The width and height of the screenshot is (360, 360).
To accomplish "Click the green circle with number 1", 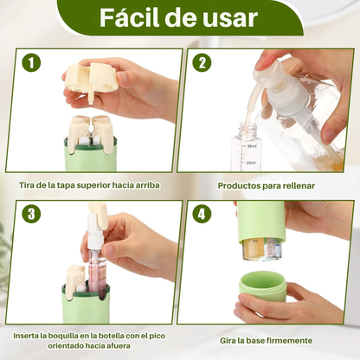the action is (31, 63).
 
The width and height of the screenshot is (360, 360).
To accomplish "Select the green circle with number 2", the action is (202, 62).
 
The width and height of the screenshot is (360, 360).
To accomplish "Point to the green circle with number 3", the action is (31, 214).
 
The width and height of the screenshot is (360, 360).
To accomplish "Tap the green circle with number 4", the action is (202, 214).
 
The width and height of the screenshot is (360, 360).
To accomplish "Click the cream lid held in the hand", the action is (90, 77).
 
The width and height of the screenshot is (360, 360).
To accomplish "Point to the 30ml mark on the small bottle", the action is (252, 146).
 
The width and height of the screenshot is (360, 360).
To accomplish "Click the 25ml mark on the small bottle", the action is (251, 163).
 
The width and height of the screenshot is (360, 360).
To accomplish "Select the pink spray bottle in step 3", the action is (97, 270).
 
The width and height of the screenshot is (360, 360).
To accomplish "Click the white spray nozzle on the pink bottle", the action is (94, 234).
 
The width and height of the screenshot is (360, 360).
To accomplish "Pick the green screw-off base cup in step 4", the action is (262, 287).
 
